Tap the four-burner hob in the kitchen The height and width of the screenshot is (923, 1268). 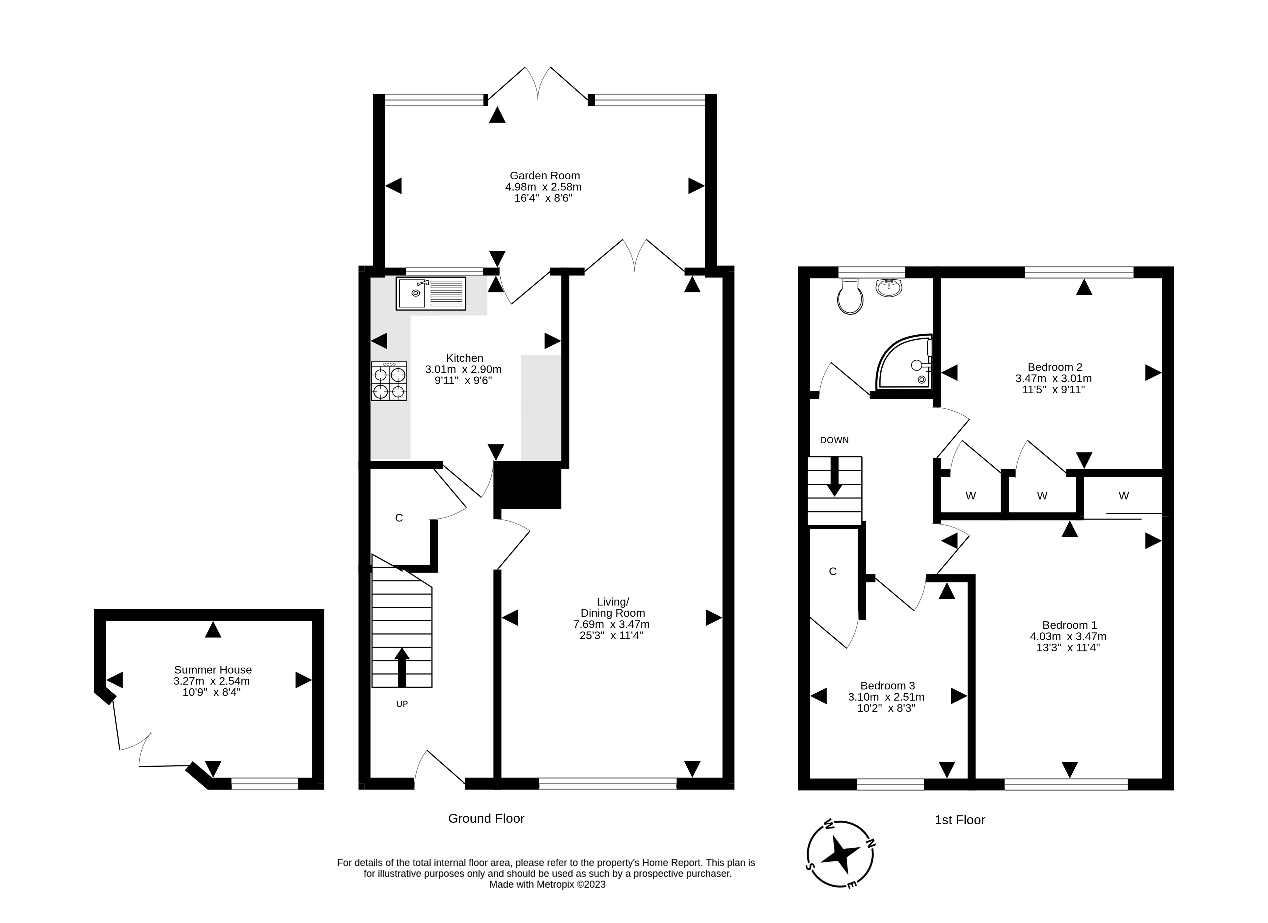pos(389,381)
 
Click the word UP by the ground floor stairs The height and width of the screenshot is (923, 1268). pos(402,704)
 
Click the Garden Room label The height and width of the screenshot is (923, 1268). pos(544,175)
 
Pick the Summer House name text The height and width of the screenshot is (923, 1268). pos(213,669)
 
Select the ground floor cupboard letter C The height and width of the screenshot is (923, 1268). pos(399,518)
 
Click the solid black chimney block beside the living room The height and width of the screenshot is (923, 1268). pos(528,485)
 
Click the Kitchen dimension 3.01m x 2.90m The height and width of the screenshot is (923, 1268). pos(463,369)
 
